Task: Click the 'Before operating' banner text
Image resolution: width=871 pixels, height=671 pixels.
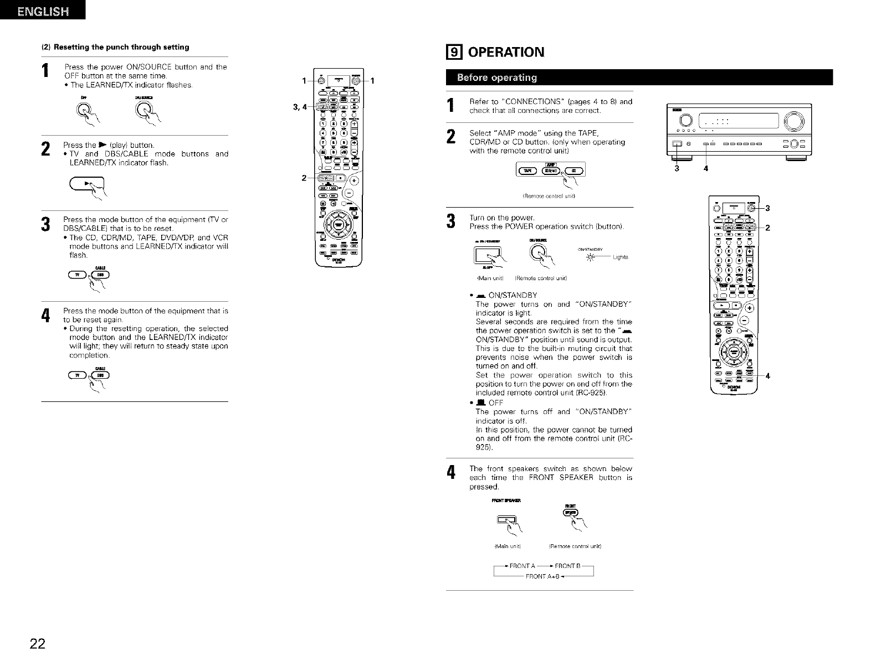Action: point(496,77)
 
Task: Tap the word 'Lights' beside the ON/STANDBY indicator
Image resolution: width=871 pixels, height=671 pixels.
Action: point(621,256)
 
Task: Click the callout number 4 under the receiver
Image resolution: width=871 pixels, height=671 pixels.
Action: point(705,168)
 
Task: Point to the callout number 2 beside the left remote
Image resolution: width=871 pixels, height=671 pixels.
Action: point(304,178)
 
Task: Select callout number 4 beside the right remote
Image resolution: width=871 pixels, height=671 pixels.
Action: point(768,376)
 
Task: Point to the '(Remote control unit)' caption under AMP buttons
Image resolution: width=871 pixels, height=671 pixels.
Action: point(549,195)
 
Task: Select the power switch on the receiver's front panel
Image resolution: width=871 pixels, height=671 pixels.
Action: point(677,145)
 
